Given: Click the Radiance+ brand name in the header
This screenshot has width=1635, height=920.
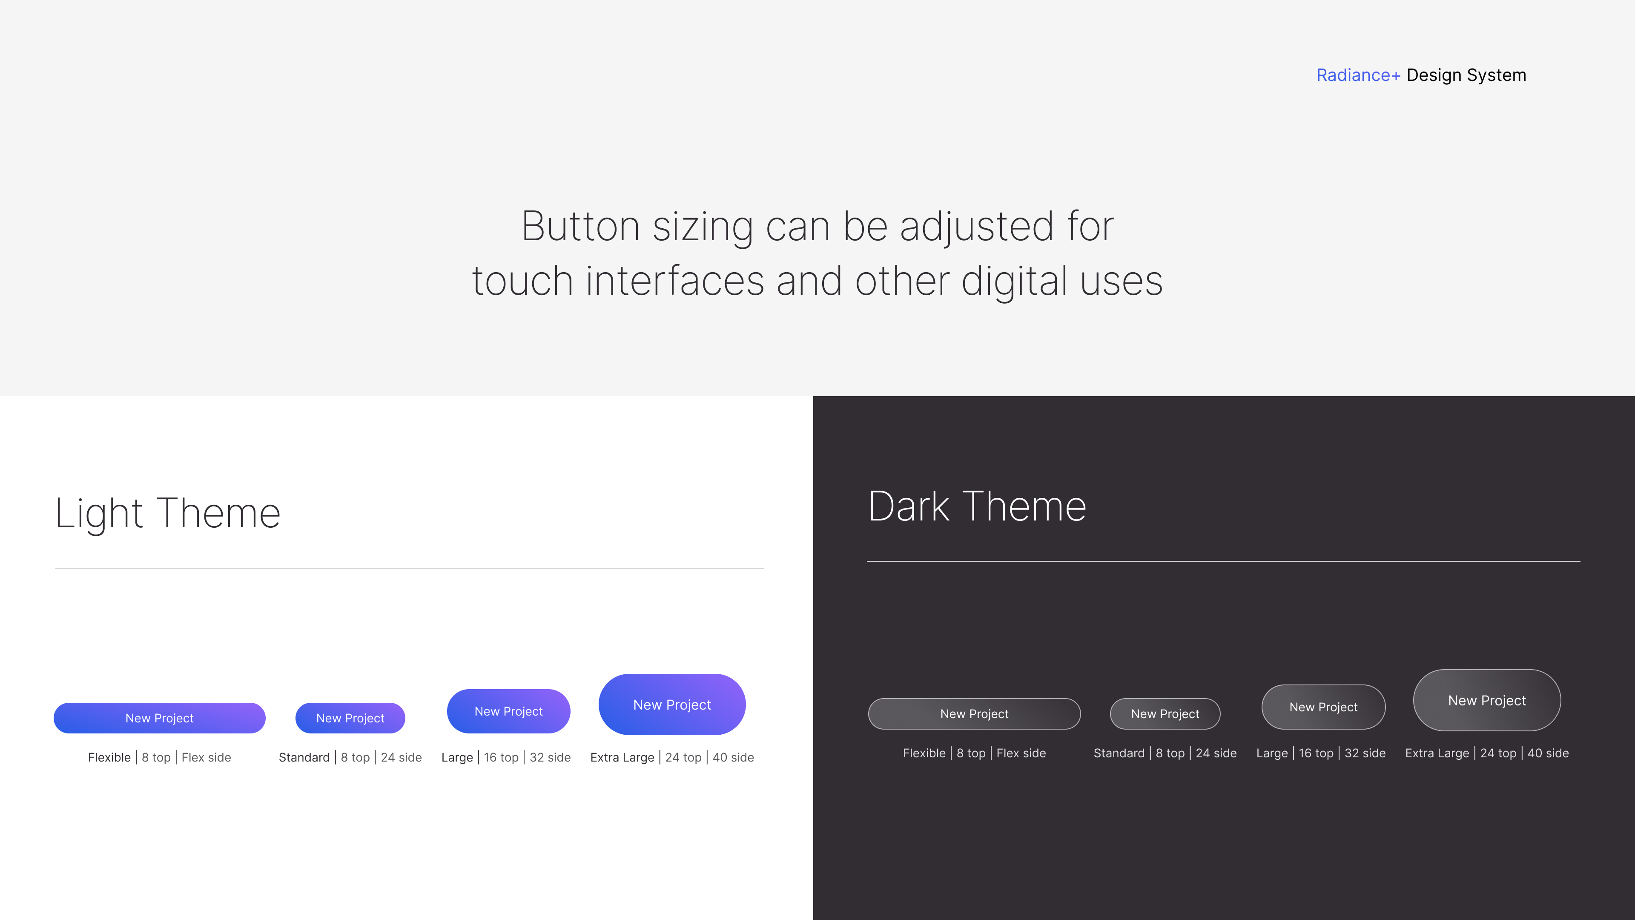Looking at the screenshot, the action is pyautogui.click(x=1358, y=75).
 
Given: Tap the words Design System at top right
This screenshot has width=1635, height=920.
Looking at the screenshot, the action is pyautogui.click(x=1466, y=75).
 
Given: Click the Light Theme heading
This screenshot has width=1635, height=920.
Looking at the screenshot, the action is pyautogui.click(x=168, y=513).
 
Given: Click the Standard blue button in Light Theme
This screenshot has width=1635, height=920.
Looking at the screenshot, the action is pyautogui.click(x=350, y=718).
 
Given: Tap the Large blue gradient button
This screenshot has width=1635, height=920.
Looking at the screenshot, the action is pyautogui.click(x=508, y=711).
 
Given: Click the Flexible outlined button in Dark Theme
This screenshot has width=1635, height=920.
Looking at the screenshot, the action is pyautogui.click(x=974, y=714).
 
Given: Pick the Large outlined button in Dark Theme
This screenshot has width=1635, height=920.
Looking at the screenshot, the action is pyautogui.click(x=1323, y=707).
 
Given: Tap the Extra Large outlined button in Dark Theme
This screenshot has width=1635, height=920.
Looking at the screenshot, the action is pyautogui.click(x=1487, y=700).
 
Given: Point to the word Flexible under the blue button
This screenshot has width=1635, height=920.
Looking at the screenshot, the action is pyautogui.click(x=109, y=757).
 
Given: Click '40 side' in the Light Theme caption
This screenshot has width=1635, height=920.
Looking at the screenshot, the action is pyautogui.click(x=733, y=757).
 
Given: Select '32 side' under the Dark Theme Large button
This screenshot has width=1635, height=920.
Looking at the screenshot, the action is pyautogui.click(x=1365, y=753).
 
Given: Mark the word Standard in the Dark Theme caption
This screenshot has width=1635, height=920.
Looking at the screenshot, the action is pyautogui.click(x=1119, y=753).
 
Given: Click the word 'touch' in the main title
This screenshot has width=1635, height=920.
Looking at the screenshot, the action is pyautogui.click(x=523, y=281).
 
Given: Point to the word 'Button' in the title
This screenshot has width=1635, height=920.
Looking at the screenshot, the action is pyautogui.click(x=581, y=227).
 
